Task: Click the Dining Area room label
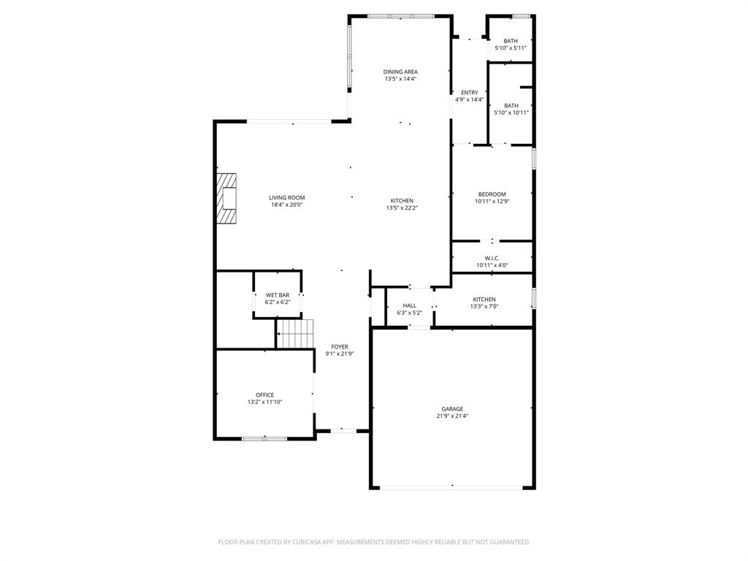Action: coord(400,72)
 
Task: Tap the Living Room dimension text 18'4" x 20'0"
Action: coord(286,205)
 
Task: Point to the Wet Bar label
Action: coord(278,295)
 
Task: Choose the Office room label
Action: coord(264,394)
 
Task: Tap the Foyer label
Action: coord(340,347)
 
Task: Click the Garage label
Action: coord(452,409)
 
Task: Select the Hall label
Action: coord(409,305)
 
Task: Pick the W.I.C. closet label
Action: coord(492,258)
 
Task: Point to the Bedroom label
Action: coord(492,194)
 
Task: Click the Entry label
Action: coord(469,93)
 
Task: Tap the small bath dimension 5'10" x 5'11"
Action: coord(511,48)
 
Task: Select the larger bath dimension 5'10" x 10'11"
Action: coord(511,112)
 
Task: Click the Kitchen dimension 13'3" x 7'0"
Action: coord(484,307)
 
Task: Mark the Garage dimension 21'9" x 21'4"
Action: coord(452,416)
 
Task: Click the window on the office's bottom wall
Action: coord(264,438)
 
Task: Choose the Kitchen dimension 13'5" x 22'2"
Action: coord(402,208)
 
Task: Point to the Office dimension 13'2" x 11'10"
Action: coord(264,402)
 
